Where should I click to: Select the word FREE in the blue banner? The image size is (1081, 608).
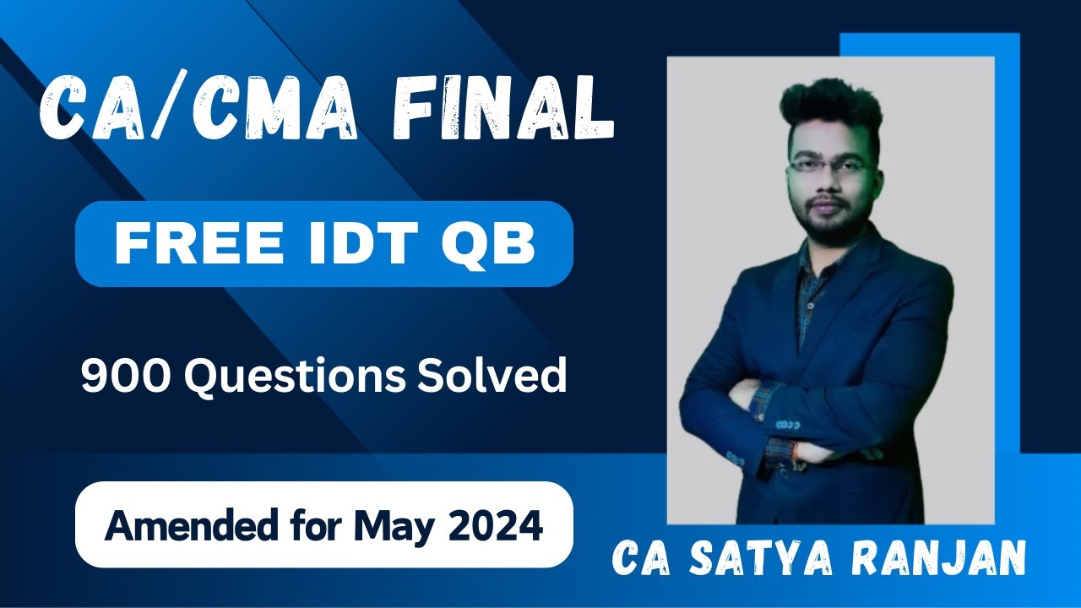pos(182,244)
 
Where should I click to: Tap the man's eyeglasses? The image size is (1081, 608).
pos(827,166)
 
